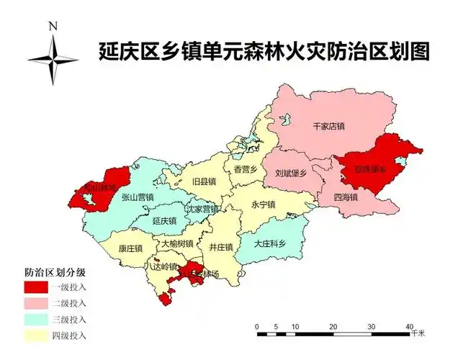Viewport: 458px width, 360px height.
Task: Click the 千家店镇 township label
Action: pos(329,127)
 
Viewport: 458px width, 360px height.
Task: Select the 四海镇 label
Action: pos(346,196)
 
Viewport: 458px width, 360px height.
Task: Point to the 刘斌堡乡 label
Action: pos(291,174)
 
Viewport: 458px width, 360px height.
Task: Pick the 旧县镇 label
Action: pos(205,181)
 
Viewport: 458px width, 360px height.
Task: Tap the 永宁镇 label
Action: pos(264,204)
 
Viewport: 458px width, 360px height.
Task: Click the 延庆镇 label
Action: pos(165,221)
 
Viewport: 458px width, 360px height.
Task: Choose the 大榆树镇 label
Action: pos(177,244)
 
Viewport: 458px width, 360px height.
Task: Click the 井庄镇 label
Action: pos(220,247)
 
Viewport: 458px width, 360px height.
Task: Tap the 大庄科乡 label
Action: pos(270,243)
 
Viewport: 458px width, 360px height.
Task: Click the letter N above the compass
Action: pos(53,26)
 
